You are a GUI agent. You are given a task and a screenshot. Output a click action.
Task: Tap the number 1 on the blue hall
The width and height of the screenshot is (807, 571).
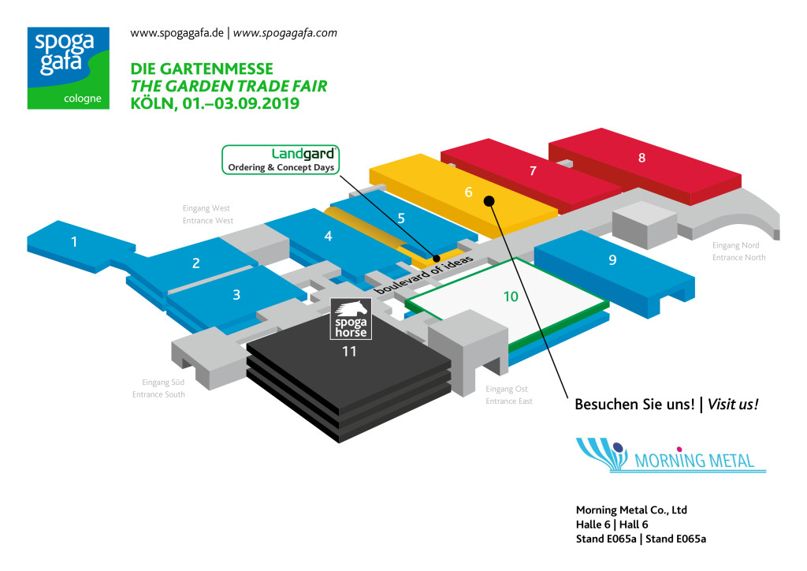[75, 241]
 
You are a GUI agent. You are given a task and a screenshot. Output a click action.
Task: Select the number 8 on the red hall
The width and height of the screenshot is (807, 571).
[642, 157]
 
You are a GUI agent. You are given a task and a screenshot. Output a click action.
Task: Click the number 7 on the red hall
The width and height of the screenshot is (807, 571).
[534, 170]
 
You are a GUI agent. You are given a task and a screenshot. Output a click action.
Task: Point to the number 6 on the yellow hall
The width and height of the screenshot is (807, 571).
[468, 192]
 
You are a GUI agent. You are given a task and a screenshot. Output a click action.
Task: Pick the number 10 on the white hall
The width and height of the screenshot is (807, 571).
[511, 296]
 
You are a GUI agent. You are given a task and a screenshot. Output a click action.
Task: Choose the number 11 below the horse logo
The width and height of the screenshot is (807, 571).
[349, 351]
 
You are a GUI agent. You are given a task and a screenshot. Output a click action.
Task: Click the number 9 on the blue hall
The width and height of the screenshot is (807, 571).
[612, 259]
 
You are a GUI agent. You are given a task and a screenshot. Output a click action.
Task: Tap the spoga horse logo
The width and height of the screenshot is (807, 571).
[350, 319]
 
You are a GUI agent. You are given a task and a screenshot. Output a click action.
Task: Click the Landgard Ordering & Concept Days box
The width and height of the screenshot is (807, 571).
[281, 159]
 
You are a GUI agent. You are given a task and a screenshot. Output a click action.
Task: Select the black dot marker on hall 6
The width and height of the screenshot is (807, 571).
[489, 200]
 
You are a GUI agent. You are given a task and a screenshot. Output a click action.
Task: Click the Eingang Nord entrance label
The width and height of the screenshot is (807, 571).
[738, 251]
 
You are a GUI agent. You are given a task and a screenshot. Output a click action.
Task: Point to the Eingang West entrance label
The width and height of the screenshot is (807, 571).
[206, 215]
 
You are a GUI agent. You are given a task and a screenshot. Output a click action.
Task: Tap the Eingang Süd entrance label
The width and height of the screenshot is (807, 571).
[158, 388]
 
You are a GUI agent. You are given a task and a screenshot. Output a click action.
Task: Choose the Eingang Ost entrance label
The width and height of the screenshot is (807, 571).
[508, 394]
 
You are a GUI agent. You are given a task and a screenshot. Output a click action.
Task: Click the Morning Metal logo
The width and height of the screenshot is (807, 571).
[671, 456]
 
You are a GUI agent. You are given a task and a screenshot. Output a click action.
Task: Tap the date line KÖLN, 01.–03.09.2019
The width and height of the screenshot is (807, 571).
[215, 103]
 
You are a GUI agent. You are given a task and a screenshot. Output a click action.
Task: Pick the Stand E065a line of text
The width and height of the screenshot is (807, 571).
[641, 539]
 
